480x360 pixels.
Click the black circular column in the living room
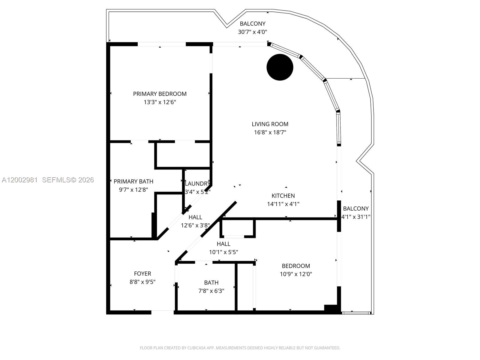(x=280, y=67)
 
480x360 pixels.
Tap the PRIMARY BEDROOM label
(x=160, y=94)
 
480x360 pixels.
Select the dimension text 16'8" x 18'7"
(x=270, y=132)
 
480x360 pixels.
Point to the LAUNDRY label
(x=197, y=184)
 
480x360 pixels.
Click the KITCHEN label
(x=283, y=196)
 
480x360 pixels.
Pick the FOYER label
(x=142, y=274)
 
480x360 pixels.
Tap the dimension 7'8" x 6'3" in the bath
(x=211, y=291)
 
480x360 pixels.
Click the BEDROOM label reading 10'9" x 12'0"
(x=296, y=266)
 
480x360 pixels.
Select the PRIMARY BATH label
(x=133, y=181)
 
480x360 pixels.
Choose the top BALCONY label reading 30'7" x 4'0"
(x=253, y=24)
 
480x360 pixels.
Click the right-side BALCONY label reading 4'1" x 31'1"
(x=356, y=208)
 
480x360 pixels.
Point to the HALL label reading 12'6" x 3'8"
(x=195, y=217)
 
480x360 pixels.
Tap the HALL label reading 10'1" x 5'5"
(x=223, y=244)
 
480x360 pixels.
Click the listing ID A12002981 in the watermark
(x=20, y=180)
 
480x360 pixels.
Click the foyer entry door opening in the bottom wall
(x=162, y=312)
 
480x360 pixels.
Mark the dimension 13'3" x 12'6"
(x=160, y=102)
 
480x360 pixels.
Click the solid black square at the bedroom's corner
(x=331, y=309)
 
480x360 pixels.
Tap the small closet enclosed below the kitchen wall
(x=238, y=228)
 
